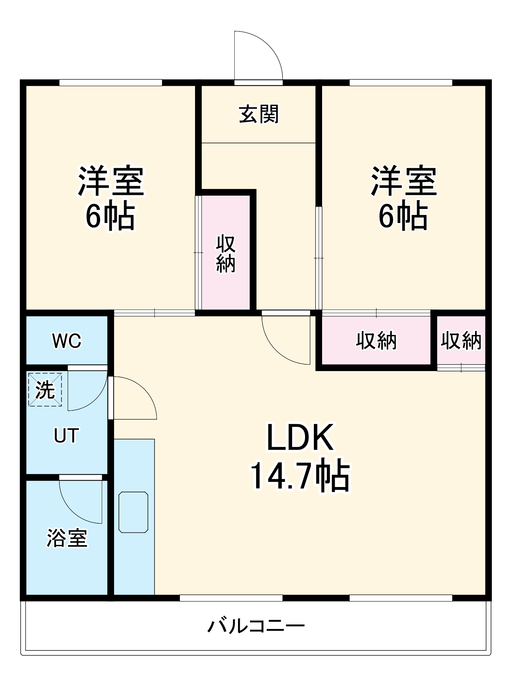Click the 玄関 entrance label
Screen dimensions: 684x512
pyautogui.click(x=259, y=114)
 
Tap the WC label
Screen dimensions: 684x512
pyautogui.click(x=67, y=341)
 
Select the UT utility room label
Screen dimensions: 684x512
pyautogui.click(x=67, y=435)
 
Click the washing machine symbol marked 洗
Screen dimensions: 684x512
pyautogui.click(x=45, y=390)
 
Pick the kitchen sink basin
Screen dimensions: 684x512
pyautogui.click(x=133, y=512)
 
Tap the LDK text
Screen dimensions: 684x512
pyautogui.click(x=300, y=437)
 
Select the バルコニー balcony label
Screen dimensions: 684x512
pyautogui.click(x=256, y=626)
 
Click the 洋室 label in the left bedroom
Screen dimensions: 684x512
pyautogui.click(x=111, y=181)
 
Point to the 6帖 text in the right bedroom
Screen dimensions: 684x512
pyautogui.click(x=403, y=215)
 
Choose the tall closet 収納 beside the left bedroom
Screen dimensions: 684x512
pyautogui.click(x=225, y=253)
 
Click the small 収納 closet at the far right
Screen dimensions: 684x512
pyautogui.click(x=461, y=341)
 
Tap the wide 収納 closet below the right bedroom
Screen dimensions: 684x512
pyautogui.click(x=376, y=341)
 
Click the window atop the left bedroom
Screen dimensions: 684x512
pyautogui.click(x=111, y=82)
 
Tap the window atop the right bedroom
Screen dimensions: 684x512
pyautogui.click(x=401, y=82)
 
